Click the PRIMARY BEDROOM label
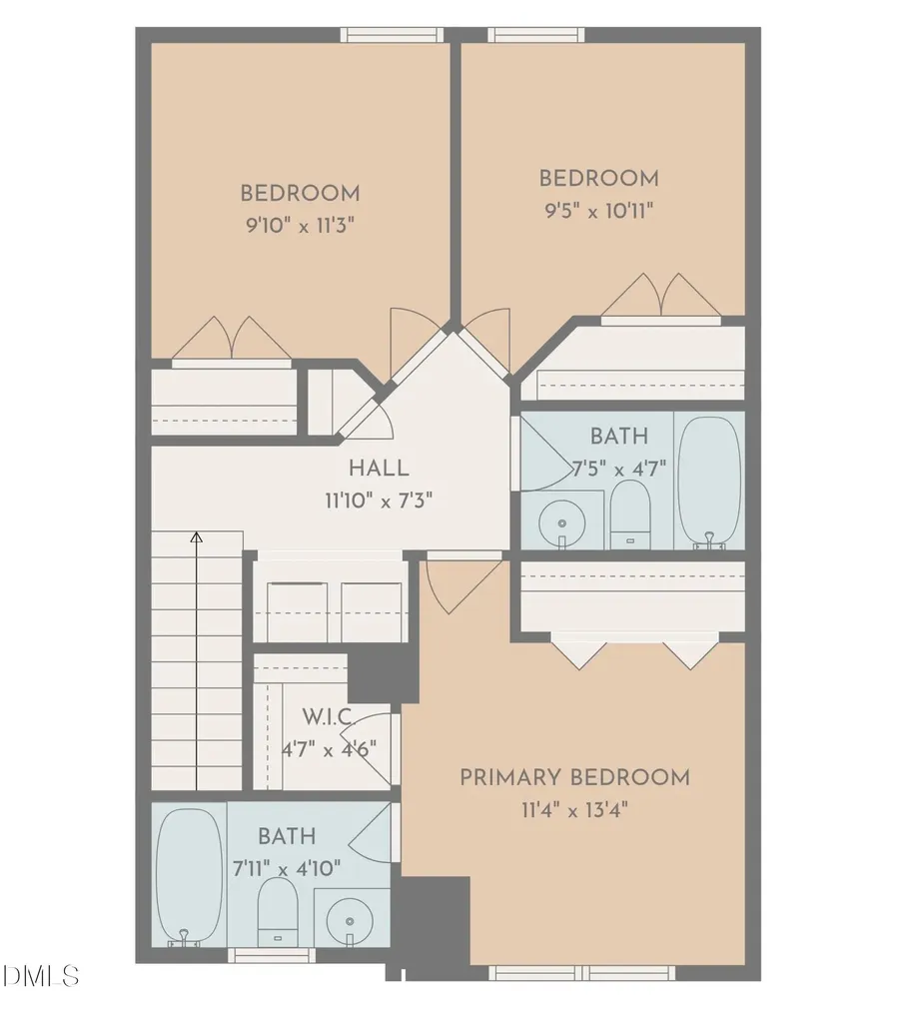point(574,777)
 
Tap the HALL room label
point(379,468)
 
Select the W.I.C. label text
point(327,717)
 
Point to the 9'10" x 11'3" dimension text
point(300,226)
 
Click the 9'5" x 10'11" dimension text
point(599,211)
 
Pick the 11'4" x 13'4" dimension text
point(574,810)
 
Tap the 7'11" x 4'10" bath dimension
point(287,868)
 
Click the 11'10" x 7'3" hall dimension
point(379,502)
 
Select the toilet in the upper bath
point(630,514)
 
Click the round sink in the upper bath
point(561,522)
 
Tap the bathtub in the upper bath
point(710,481)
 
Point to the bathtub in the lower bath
point(189,875)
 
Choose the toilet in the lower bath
point(278,912)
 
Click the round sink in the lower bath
point(350,921)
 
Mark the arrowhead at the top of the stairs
point(197,536)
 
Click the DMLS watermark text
point(41,976)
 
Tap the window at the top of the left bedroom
point(392,35)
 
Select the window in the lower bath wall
point(271,955)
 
